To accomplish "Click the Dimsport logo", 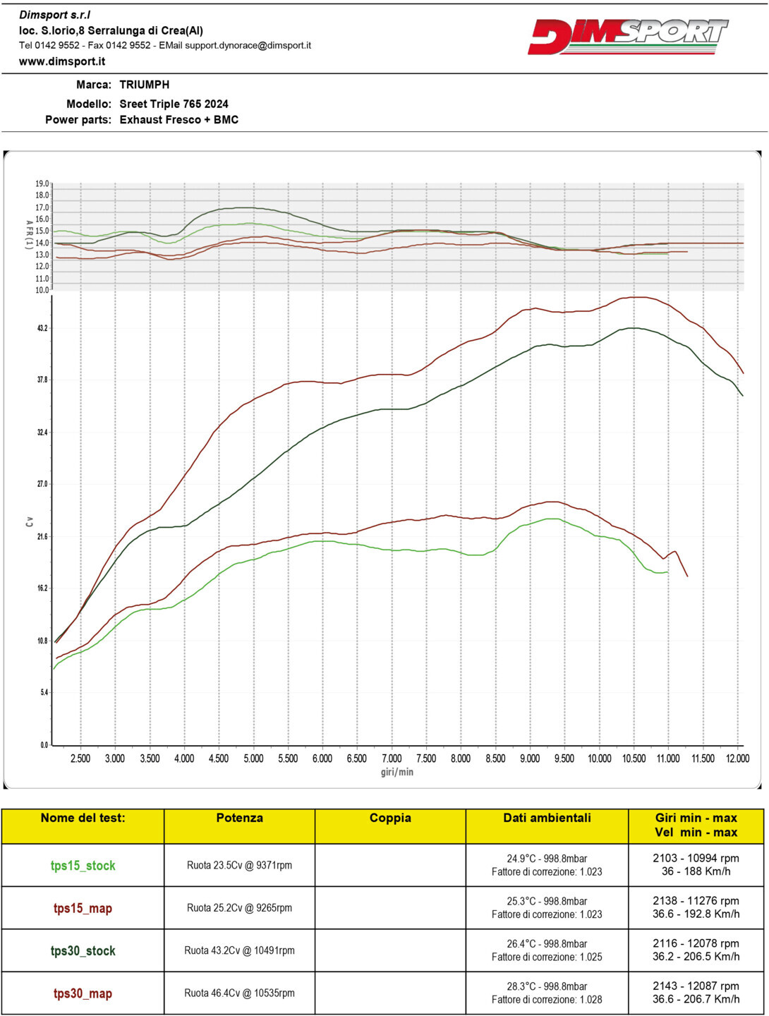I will point(628,36).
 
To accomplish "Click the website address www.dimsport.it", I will point(62,61).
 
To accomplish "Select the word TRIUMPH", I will point(145,85).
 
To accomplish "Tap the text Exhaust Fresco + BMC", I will point(179,120).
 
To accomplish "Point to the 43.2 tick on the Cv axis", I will point(42,328).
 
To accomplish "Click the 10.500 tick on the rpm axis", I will point(634,758).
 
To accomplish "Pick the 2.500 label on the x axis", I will point(80,758).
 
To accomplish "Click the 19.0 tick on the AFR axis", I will point(42,184).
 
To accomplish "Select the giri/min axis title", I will point(397,772).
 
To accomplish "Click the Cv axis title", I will point(29,521).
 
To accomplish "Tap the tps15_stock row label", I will point(83,866).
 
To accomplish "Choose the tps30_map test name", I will point(83,993).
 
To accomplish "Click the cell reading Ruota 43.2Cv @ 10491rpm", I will point(239,950).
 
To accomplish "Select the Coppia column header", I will point(390,818).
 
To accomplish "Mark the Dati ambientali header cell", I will point(547,818).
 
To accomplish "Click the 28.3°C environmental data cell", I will point(547,993).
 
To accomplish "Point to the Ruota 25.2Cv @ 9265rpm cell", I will point(239,908).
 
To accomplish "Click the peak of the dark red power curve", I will point(637,297).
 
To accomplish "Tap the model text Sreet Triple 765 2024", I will point(174,104).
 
